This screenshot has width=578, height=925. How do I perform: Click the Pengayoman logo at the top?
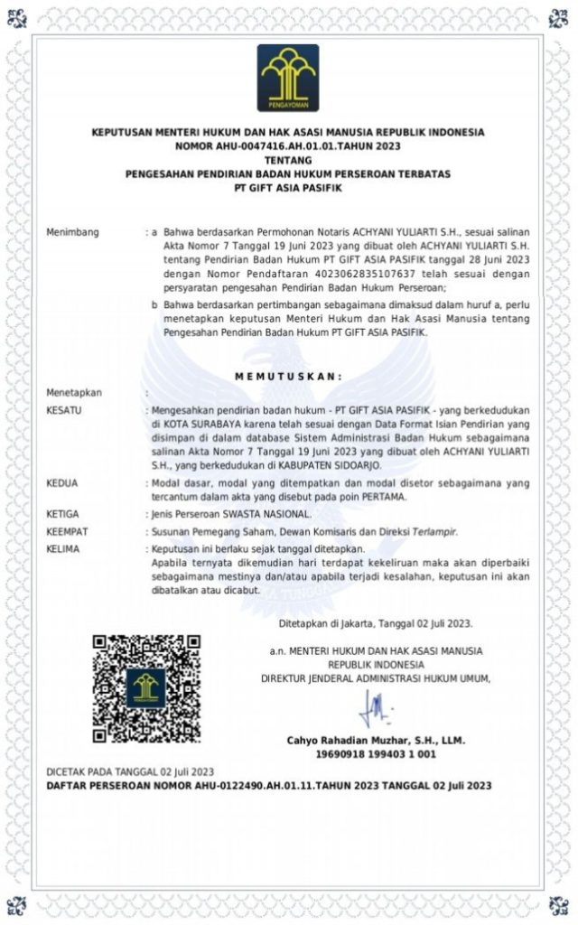(288, 78)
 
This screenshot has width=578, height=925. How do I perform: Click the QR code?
(145, 689)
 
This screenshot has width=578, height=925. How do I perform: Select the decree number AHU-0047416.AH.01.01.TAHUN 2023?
(288, 146)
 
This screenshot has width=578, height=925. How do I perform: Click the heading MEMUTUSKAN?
(288, 375)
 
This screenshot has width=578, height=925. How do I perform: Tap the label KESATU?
(63, 411)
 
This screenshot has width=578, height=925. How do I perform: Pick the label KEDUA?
(61, 483)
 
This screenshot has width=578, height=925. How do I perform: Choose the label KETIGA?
(62, 514)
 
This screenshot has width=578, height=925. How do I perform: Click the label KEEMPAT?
(67, 532)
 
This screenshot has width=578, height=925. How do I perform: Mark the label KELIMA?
(62, 549)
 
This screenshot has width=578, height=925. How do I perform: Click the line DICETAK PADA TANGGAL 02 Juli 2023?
(130, 772)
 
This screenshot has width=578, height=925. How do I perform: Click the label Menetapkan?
(73, 393)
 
